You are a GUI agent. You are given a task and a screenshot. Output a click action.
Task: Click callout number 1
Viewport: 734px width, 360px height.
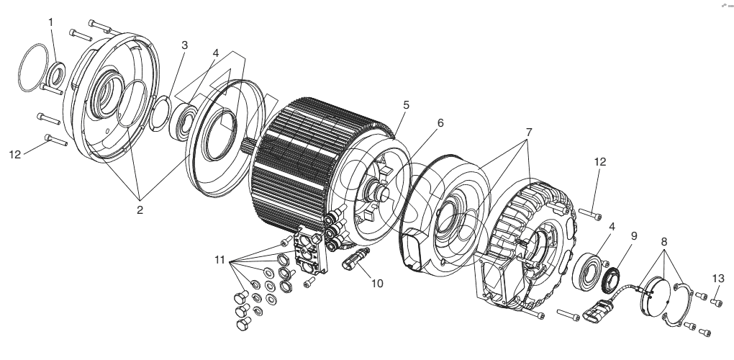pyautogui.click(x=50, y=22)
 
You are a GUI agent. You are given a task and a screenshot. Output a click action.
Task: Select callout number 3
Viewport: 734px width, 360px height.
pyautogui.click(x=185, y=45)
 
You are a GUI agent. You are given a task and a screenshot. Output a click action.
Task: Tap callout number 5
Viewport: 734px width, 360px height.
pyautogui.click(x=406, y=105)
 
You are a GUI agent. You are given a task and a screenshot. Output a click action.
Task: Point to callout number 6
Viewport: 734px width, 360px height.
pyautogui.click(x=440, y=123)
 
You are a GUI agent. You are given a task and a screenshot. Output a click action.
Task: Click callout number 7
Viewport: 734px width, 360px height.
pyautogui.click(x=529, y=132)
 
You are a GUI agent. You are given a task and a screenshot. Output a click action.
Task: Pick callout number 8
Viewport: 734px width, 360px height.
pyautogui.click(x=663, y=242)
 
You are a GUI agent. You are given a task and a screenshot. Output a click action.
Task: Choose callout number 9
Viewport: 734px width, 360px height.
pyautogui.click(x=634, y=236)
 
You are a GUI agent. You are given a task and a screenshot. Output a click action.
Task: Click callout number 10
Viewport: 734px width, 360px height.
pyautogui.click(x=377, y=283)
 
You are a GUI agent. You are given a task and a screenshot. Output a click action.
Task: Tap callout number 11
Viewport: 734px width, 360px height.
pyautogui.click(x=220, y=260)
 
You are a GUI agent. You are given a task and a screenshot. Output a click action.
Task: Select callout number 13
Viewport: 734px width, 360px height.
pyautogui.click(x=718, y=279)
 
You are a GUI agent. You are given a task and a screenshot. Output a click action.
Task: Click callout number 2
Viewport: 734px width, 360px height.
pyautogui.click(x=140, y=210)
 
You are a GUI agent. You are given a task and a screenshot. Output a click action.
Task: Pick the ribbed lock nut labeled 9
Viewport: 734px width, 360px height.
pyautogui.click(x=610, y=279)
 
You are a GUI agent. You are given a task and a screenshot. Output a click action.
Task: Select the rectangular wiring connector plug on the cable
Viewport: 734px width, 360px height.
pyautogui.click(x=598, y=310)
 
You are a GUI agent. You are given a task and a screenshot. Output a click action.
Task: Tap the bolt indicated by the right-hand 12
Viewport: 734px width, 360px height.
pyautogui.click(x=590, y=214)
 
